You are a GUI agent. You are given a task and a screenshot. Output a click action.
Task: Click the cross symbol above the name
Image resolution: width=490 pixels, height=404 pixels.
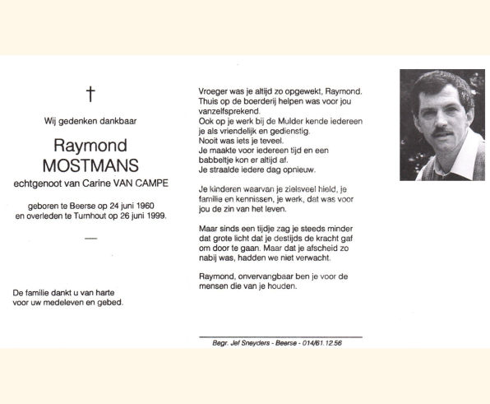coord(90,94)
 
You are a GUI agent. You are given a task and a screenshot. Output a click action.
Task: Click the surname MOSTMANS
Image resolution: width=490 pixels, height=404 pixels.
coord(90,165)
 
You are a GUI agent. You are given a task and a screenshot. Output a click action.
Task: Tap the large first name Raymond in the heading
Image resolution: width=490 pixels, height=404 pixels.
coord(90,145)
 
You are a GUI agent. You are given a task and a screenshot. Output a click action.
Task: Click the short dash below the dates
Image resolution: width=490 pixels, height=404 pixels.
coord(90,239)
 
